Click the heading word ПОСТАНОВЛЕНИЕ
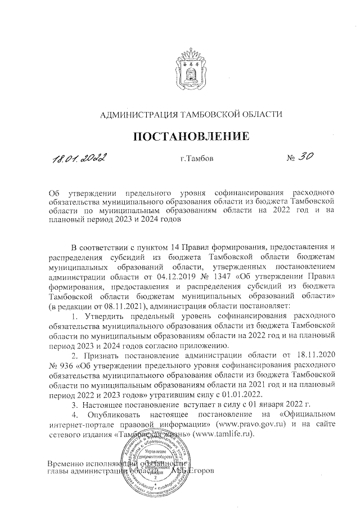click(x=190, y=136)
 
